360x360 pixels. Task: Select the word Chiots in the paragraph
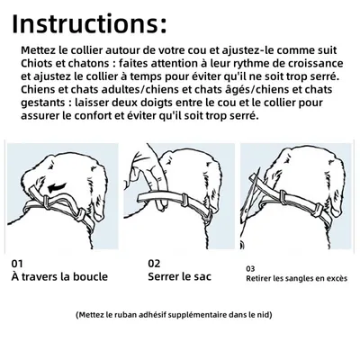(x=37, y=65)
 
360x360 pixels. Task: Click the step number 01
(x=18, y=263)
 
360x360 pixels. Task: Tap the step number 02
(x=154, y=263)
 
